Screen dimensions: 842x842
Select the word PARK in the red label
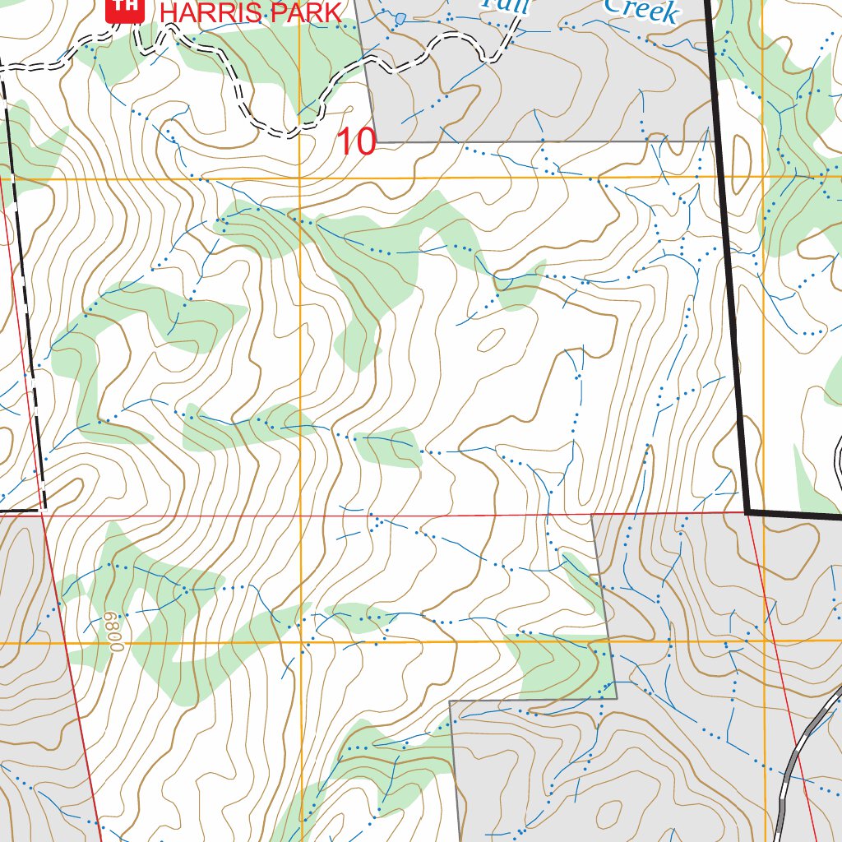[303, 12]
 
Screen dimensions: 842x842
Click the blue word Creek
[641, 10]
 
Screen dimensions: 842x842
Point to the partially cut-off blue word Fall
[507, 4]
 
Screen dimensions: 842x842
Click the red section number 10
[357, 142]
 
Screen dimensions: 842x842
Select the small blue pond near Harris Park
[400, 18]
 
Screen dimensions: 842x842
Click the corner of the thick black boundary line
[747, 511]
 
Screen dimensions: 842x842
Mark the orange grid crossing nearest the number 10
[300, 178]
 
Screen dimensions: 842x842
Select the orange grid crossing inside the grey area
[764, 641]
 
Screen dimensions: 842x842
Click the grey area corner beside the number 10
[377, 142]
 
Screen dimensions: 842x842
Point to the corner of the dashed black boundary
[42, 510]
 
